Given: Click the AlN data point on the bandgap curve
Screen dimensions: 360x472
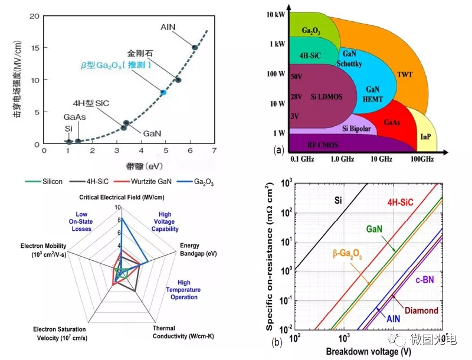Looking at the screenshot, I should click(x=195, y=47).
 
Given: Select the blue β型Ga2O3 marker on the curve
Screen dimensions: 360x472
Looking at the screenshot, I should click(x=163, y=93).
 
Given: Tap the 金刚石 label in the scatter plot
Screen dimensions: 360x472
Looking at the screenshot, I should click(x=140, y=53).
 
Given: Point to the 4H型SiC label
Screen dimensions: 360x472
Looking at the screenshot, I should click(x=93, y=103).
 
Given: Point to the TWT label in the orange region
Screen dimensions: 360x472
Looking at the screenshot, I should click(x=405, y=75).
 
